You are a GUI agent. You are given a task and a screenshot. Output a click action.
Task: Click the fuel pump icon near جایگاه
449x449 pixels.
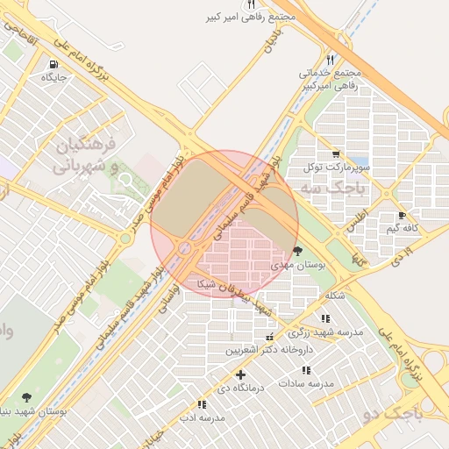pos(55,64)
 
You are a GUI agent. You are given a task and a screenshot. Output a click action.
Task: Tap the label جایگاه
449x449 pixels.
pos(54,77)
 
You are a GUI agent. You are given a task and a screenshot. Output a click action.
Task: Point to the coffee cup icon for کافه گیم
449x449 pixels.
pos(403,215)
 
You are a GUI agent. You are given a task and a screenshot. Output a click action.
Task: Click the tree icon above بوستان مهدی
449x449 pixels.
pos(299,251)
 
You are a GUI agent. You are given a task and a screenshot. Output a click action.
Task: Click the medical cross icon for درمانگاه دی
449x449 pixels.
pos(240,374)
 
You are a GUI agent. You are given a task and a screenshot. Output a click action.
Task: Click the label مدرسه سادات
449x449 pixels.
pos(307,383)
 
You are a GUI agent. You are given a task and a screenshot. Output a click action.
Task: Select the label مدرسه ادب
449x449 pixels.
pos(203,417)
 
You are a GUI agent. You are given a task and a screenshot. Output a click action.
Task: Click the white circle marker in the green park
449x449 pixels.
pos(125,180)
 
